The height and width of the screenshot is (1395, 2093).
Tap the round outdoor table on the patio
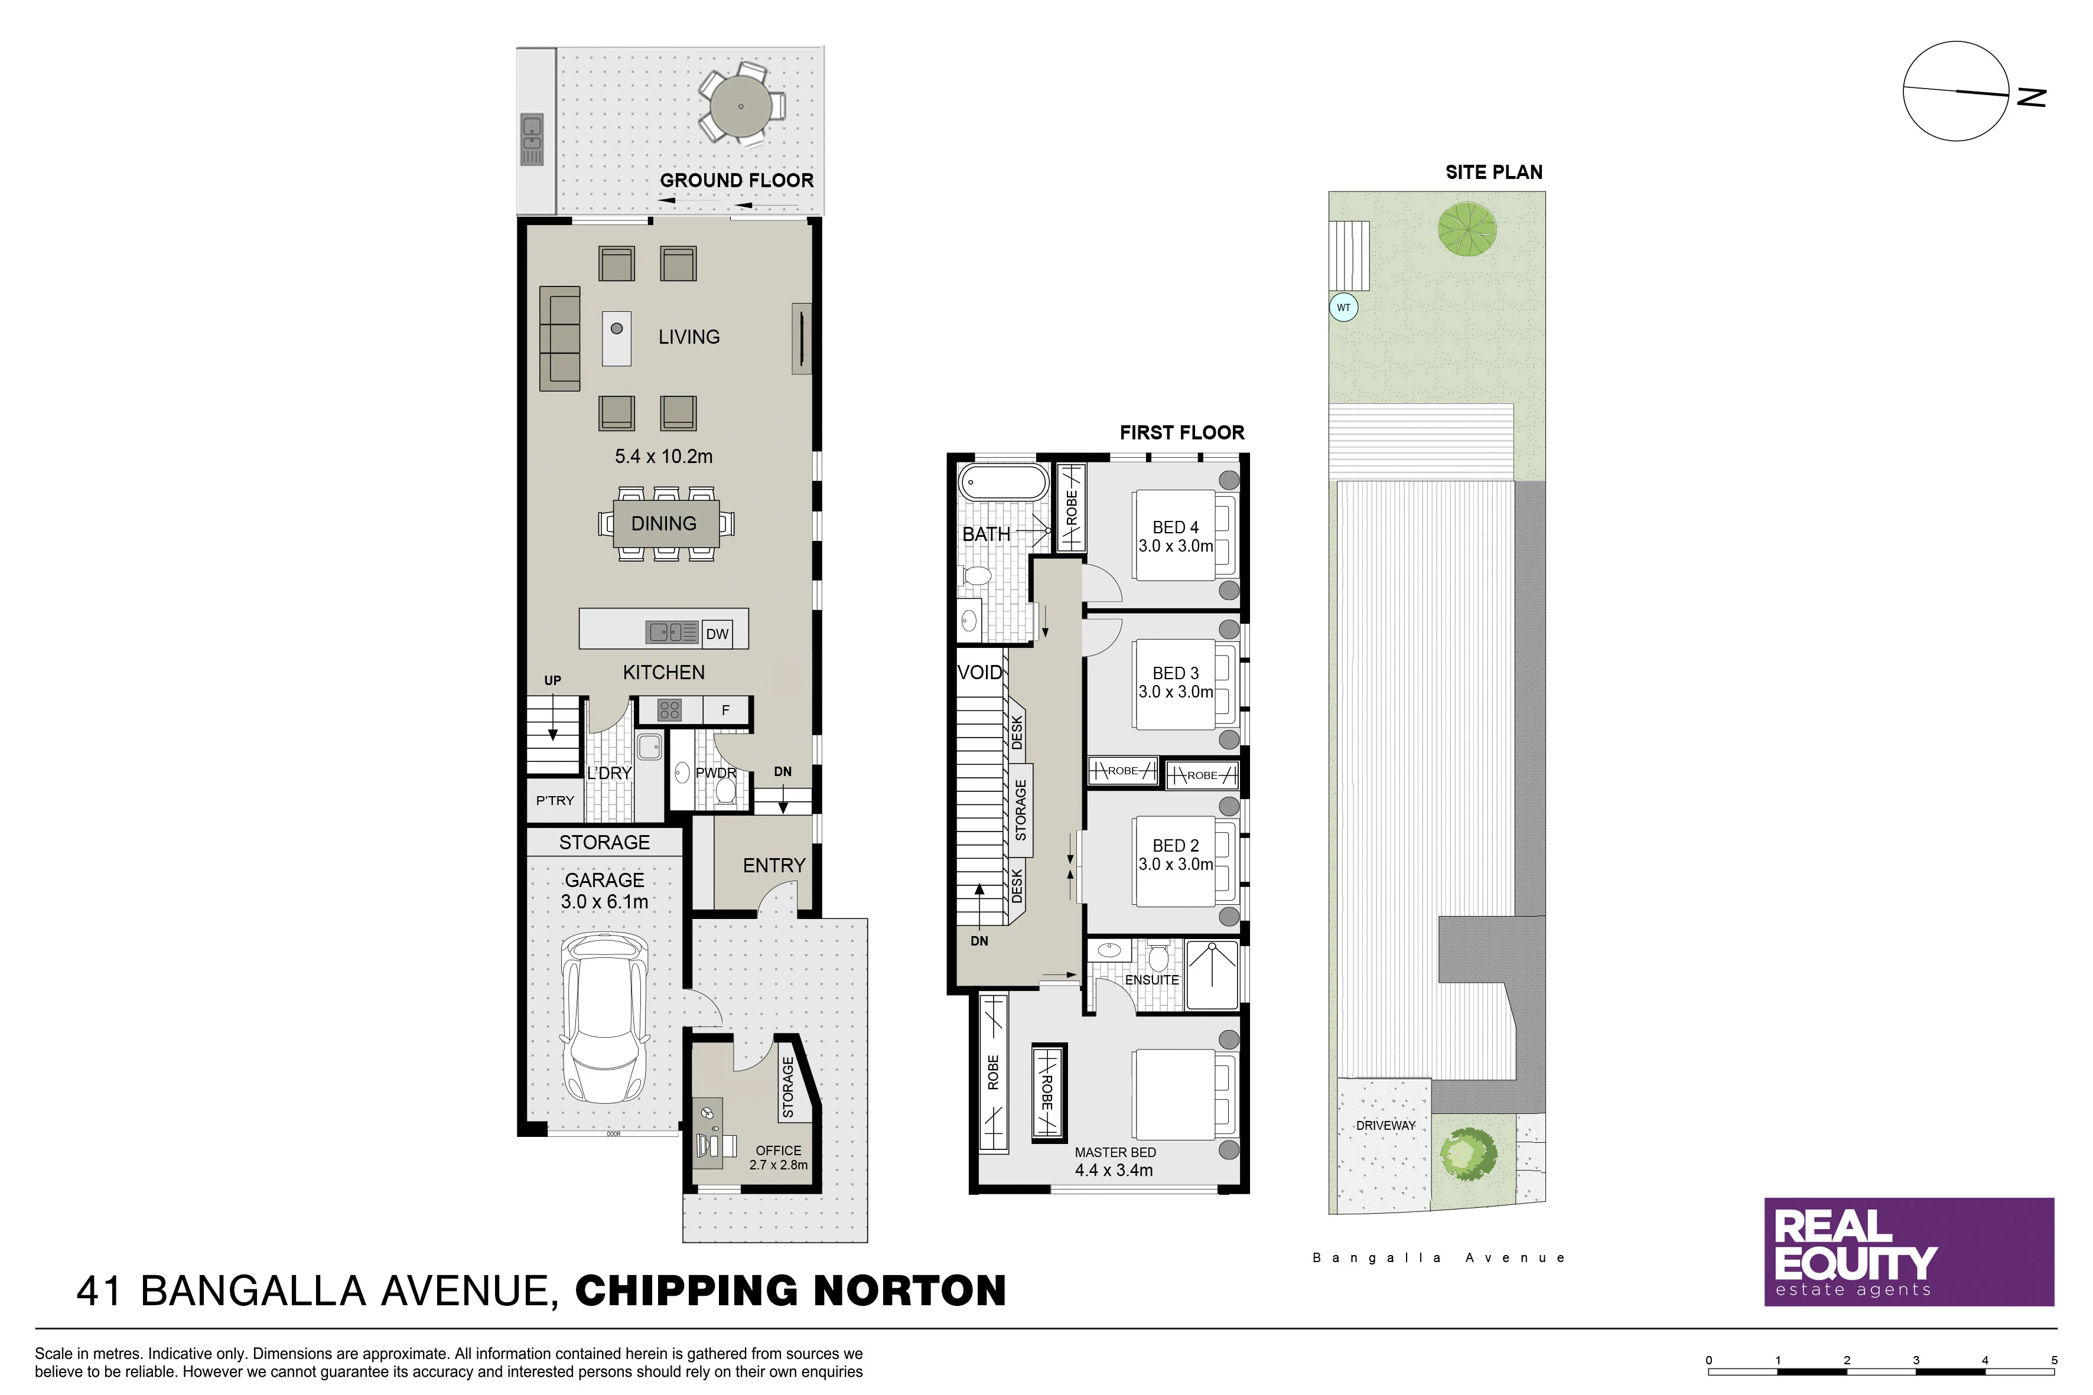point(741,107)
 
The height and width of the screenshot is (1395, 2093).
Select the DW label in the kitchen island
point(717,634)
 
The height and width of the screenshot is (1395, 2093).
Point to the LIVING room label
point(689,337)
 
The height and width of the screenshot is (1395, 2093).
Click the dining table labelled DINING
point(665,523)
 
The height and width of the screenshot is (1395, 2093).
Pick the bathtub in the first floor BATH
point(1003,484)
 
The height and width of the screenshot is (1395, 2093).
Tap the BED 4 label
point(1176,527)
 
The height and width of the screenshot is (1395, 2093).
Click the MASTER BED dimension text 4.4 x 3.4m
point(1114,1171)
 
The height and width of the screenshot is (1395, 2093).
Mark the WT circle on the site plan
point(1344,308)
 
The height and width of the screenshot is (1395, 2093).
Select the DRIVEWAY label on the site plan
point(1385,1126)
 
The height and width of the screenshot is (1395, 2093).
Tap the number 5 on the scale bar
point(2055,1360)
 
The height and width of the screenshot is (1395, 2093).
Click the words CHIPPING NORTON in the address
point(791,1291)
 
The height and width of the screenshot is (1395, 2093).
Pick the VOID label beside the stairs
point(980,673)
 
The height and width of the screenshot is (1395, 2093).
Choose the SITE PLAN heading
point(1494,172)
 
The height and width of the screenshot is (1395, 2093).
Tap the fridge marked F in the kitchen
point(725,710)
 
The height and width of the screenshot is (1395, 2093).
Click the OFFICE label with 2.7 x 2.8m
point(779,1158)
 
